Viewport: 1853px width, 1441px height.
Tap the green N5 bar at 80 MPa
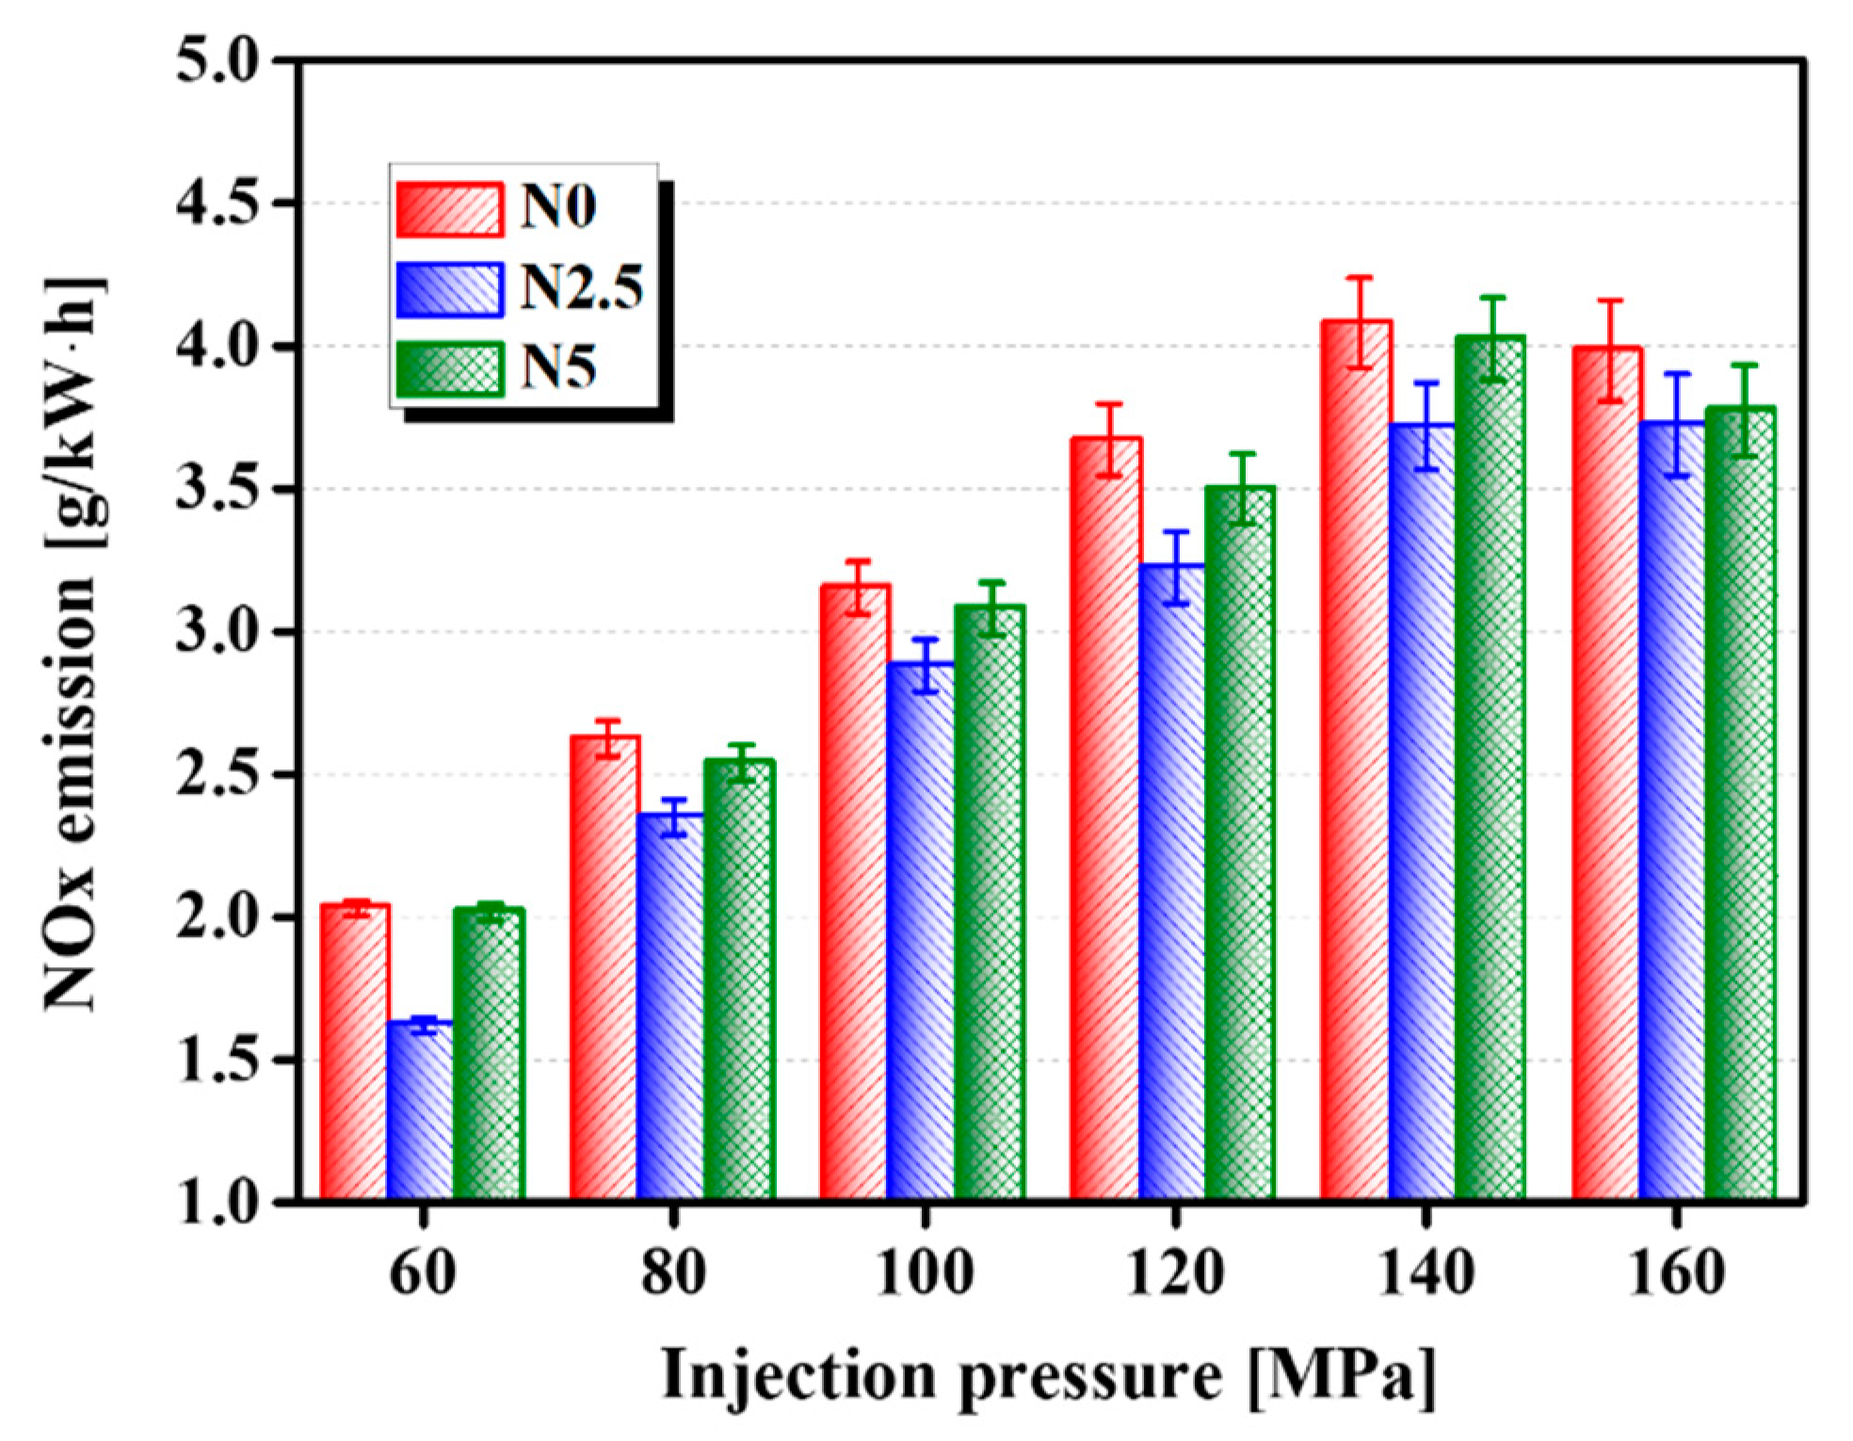[739, 980]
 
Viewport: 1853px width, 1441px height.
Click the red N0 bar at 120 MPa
[1105, 819]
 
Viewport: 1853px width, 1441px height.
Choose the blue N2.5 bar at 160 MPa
[1672, 810]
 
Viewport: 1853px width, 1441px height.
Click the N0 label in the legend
[557, 206]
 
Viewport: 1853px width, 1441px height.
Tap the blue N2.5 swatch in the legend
[449, 289]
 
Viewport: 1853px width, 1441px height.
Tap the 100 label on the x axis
[924, 1272]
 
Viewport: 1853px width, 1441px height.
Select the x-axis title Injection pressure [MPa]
[1048, 1376]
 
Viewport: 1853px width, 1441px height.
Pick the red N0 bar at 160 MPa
[1606, 772]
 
